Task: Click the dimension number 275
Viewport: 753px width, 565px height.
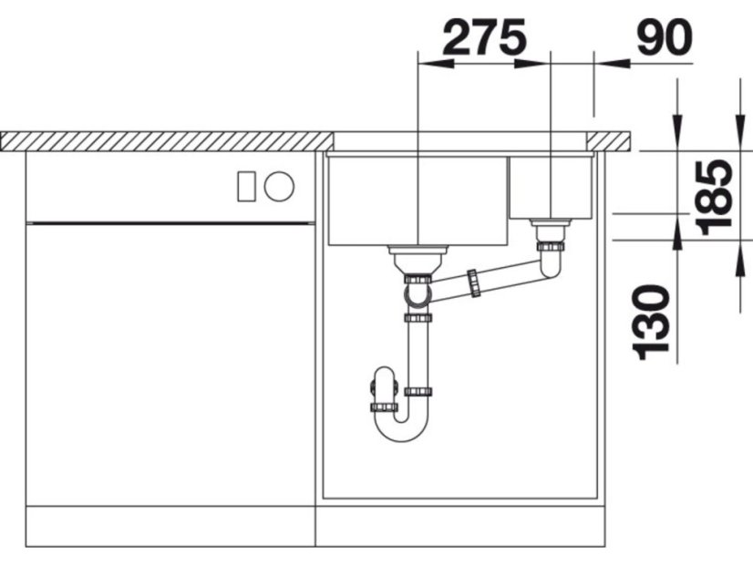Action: click(485, 37)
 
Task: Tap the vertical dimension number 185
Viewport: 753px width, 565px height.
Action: click(715, 197)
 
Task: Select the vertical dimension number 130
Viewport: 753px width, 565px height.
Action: click(652, 323)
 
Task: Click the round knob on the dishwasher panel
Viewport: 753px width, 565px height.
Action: click(279, 186)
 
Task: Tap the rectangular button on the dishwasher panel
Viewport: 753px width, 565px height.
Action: click(246, 186)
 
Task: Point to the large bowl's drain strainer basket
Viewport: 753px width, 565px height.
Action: click(418, 260)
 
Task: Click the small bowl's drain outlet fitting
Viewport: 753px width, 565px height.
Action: click(551, 231)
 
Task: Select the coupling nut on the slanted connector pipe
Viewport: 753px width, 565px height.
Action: click(473, 283)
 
